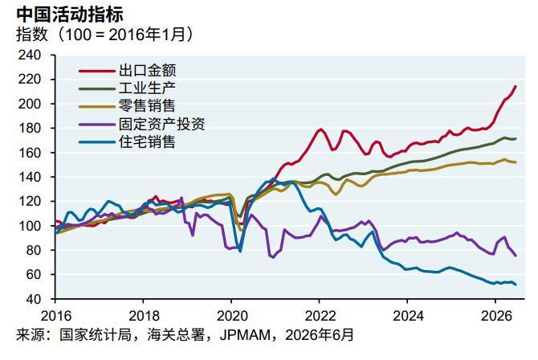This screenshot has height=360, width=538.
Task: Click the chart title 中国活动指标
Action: [x=70, y=14]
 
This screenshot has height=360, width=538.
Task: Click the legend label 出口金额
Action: [x=147, y=71]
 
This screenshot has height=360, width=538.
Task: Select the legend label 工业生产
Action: [x=147, y=88]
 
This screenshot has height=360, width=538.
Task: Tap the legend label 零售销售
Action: [x=147, y=106]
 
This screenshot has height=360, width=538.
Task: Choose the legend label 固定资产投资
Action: [x=162, y=124]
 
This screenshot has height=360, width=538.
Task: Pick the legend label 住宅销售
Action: [x=147, y=141]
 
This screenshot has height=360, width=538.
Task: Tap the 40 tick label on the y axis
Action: [x=33, y=299]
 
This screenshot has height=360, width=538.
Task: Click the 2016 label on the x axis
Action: [x=56, y=316]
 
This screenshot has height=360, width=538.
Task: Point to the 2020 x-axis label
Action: [x=231, y=316]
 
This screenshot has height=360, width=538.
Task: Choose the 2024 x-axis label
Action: [x=408, y=316]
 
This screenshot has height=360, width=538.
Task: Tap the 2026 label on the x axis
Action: [x=495, y=316]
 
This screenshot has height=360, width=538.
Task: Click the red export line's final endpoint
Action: [x=516, y=86]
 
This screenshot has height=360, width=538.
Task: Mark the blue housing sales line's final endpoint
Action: [x=516, y=284]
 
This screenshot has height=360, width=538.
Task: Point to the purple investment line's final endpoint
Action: [x=516, y=256]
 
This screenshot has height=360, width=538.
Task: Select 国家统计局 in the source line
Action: [x=96, y=334]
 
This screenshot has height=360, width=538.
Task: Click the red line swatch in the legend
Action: [x=96, y=71]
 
